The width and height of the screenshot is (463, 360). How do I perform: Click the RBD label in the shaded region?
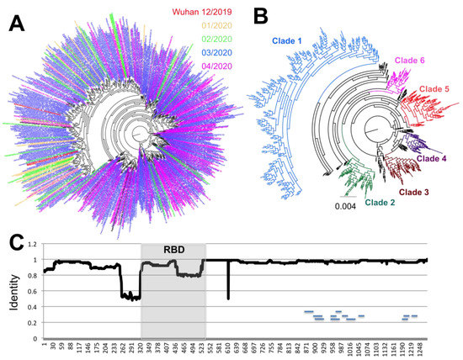(173, 251)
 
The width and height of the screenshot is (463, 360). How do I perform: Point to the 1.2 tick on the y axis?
(34, 244)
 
